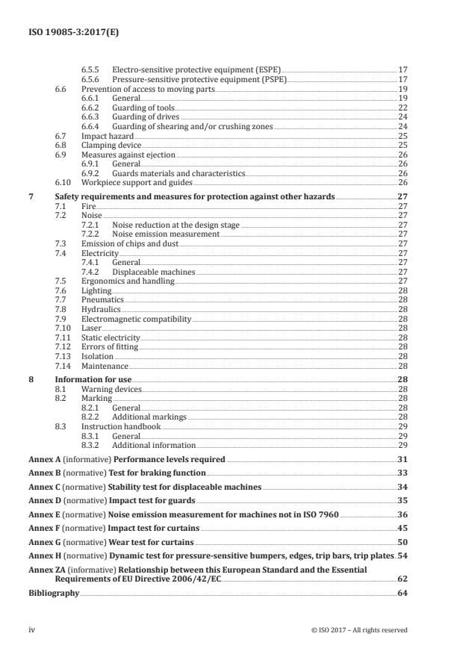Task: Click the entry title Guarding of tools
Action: tap(143, 108)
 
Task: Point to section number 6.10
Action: tap(63, 182)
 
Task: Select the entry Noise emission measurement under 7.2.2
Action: tap(165, 233)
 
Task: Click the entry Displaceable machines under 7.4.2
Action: tap(153, 272)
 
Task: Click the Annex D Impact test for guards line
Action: tap(112, 500)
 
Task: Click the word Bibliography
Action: tap(54, 593)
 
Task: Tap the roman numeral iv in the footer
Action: tap(32, 630)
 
